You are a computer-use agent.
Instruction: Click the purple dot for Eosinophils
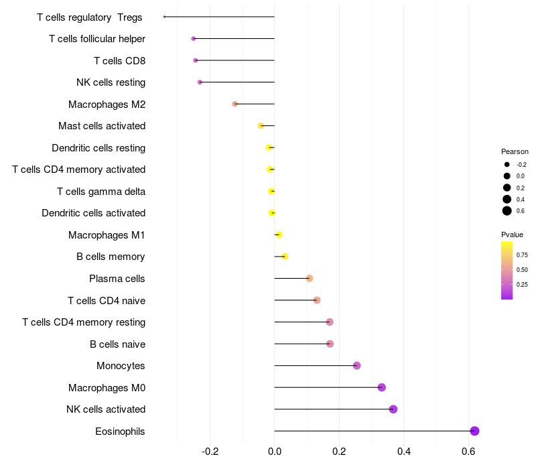(474, 431)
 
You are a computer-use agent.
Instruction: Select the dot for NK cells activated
(393, 409)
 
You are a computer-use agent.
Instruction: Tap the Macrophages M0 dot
(382, 387)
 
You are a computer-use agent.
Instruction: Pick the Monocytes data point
(357, 366)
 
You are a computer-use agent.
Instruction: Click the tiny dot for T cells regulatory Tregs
(164, 17)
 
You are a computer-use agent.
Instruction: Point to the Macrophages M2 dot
(235, 104)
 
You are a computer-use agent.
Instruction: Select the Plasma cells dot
(310, 278)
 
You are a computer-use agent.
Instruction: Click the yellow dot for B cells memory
(285, 257)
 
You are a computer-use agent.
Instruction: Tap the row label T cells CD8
(119, 61)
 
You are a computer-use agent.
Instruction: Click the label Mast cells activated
(102, 126)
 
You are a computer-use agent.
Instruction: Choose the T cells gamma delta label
(101, 192)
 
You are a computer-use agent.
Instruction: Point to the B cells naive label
(117, 344)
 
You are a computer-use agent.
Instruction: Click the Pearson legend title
(515, 151)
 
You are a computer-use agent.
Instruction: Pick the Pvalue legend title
(513, 234)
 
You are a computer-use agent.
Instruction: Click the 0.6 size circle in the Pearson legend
(507, 211)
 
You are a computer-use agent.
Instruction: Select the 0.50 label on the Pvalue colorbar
(522, 269)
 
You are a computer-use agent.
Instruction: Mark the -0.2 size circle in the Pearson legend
(507, 164)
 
